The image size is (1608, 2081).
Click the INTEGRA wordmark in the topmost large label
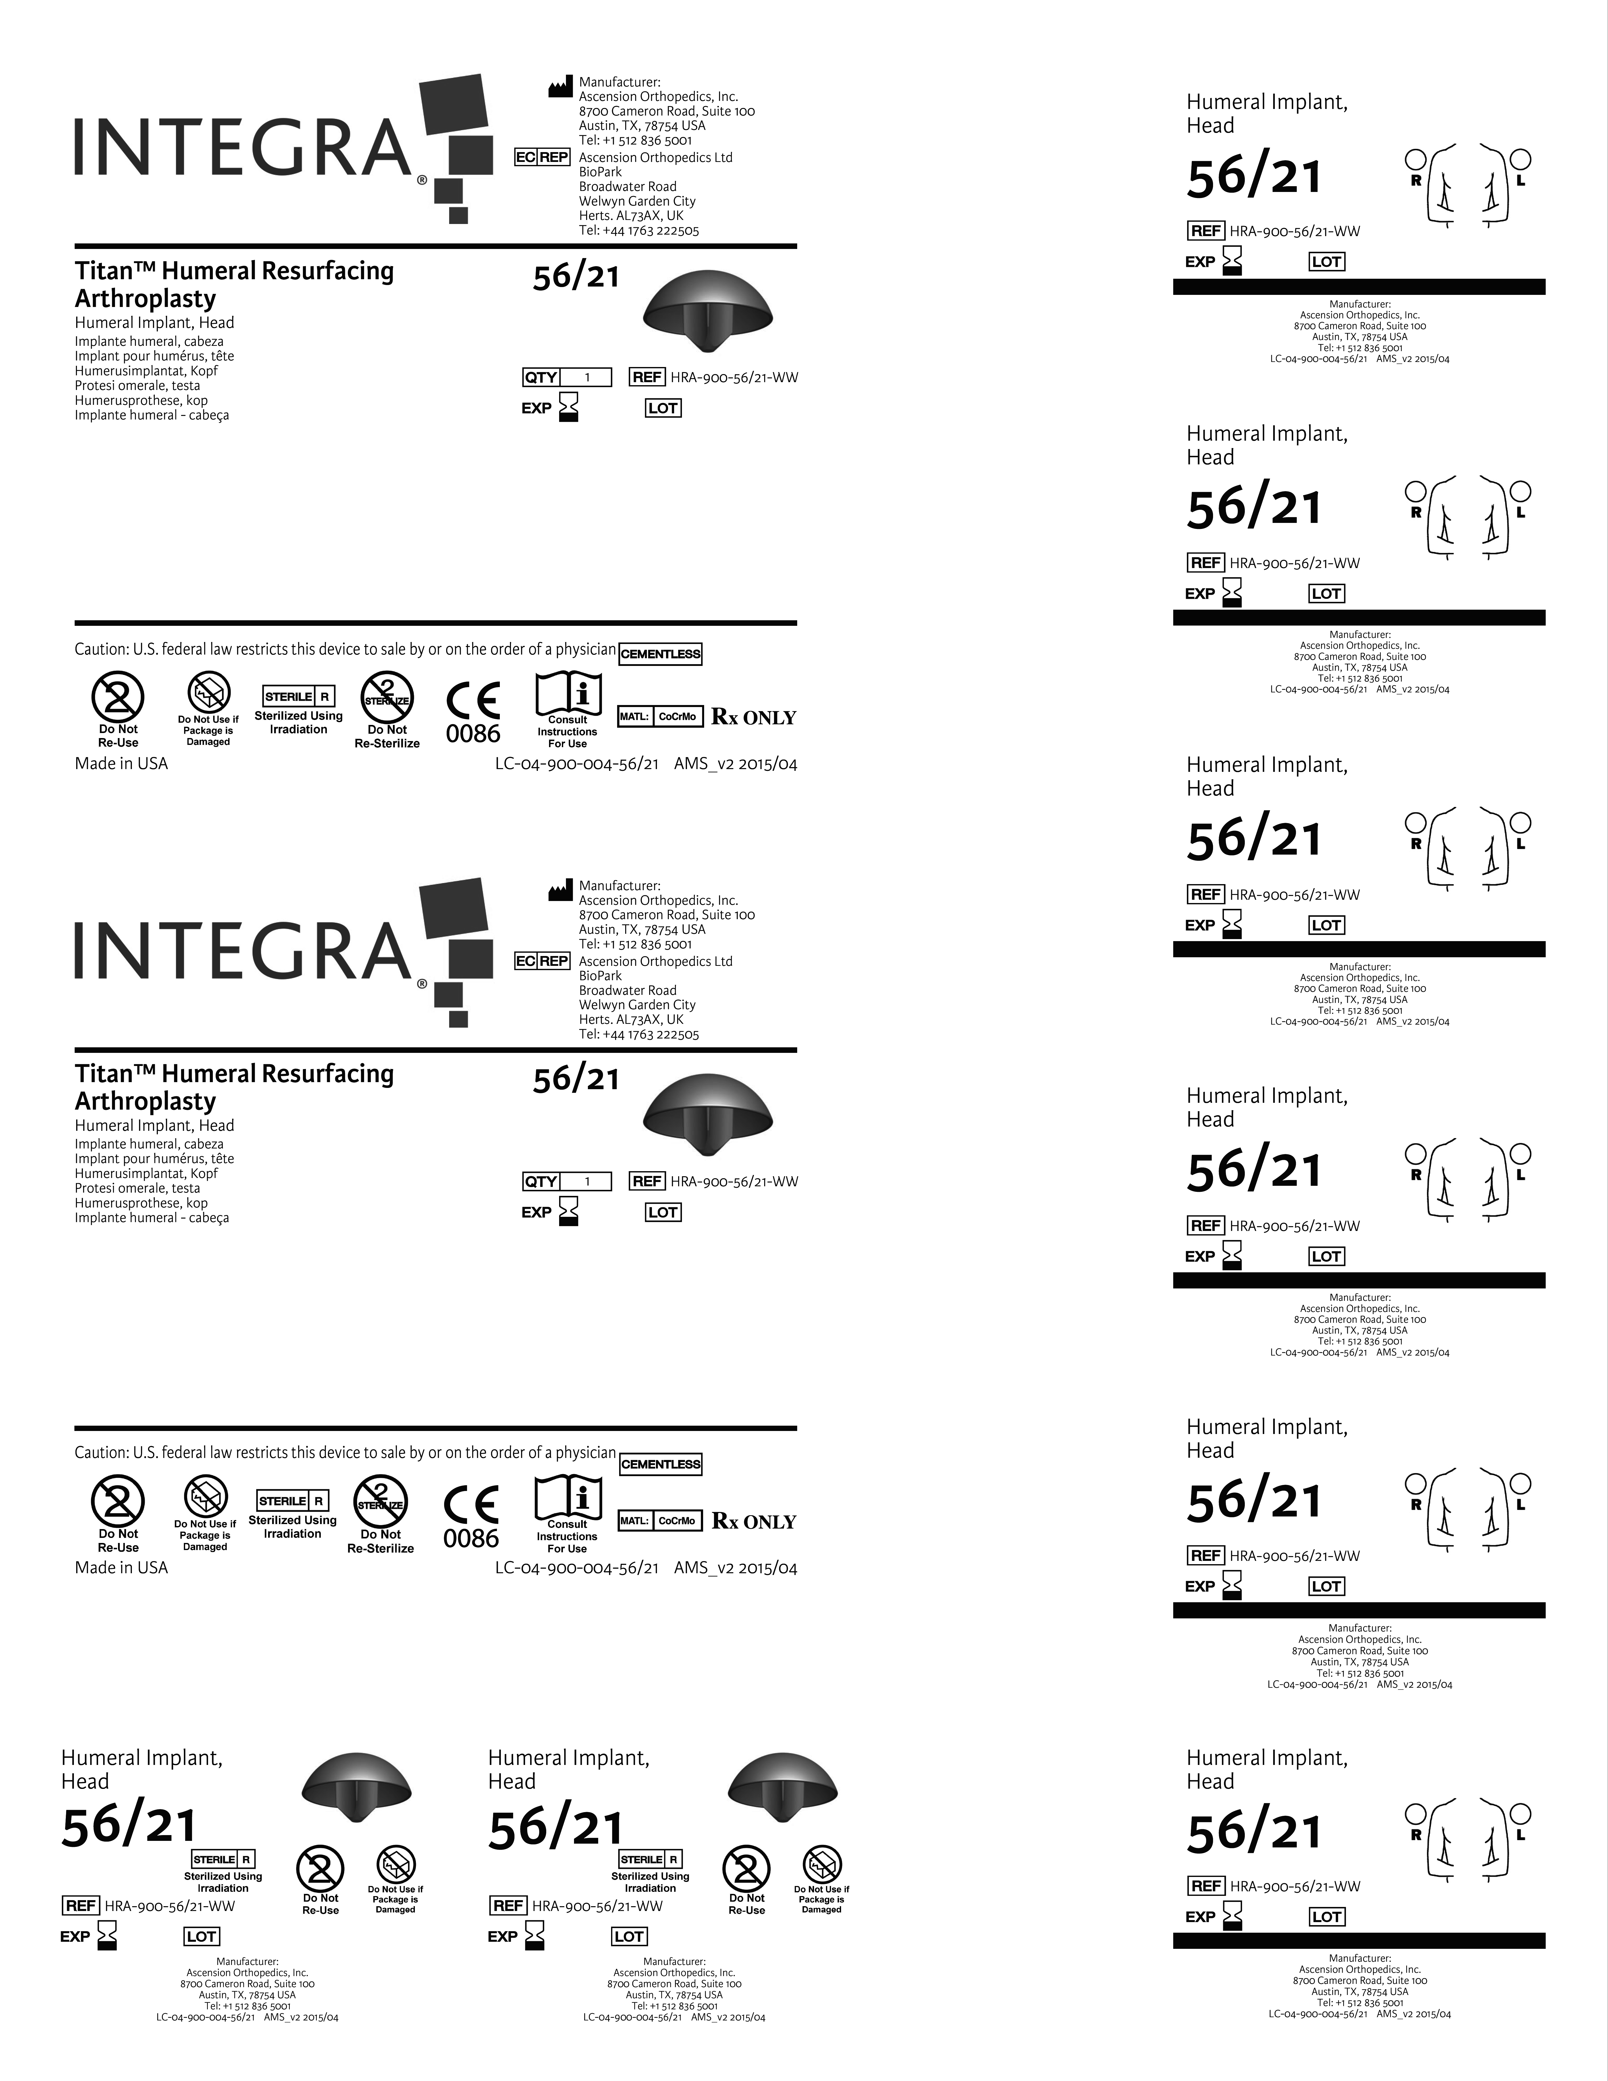pos(243,148)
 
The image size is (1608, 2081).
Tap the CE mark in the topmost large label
pos(473,702)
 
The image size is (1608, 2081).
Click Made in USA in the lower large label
pos(121,1567)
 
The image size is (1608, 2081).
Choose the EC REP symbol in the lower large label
pos(541,961)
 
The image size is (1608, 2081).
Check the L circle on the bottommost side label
pos(1521,1813)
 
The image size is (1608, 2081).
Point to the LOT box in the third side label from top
pos(1326,925)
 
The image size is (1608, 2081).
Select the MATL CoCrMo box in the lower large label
pos(660,1521)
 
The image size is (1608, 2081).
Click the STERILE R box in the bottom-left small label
pos(223,1859)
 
